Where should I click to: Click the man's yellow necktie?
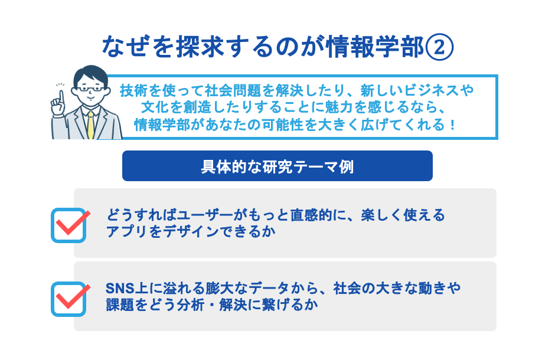[90, 124]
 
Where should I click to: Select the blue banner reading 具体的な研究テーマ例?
[277, 166]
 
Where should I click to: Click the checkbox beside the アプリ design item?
[68, 225]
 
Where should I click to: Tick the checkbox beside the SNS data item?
[68, 299]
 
